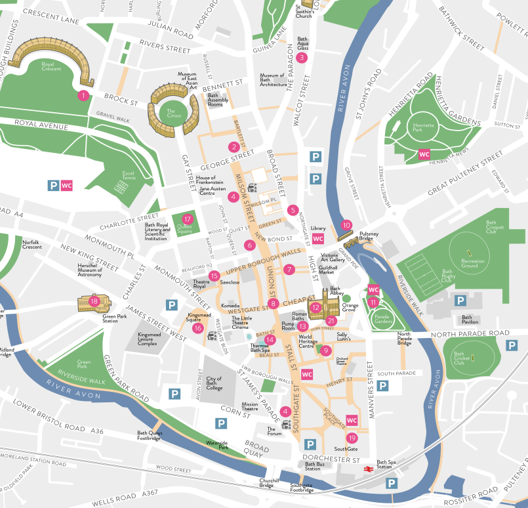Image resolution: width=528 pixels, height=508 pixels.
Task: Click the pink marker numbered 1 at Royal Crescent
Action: (83, 95)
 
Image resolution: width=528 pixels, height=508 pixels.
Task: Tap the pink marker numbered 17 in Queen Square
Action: (188, 219)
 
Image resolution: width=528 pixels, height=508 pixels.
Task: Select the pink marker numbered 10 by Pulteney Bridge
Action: (347, 224)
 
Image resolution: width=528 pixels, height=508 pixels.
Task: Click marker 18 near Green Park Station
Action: (94, 301)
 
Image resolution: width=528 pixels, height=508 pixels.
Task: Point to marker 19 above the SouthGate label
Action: (352, 438)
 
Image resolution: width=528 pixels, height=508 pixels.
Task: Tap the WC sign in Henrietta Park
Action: (424, 155)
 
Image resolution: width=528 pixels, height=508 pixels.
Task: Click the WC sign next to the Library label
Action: (318, 238)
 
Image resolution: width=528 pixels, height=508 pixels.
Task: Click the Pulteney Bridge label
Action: (369, 236)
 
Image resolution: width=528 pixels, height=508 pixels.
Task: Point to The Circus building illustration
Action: (173, 107)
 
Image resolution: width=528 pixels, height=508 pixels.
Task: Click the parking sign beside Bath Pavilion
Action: (460, 301)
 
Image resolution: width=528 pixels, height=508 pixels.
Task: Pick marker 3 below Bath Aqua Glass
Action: (301, 58)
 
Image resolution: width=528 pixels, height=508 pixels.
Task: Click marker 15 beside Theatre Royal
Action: (214, 276)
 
